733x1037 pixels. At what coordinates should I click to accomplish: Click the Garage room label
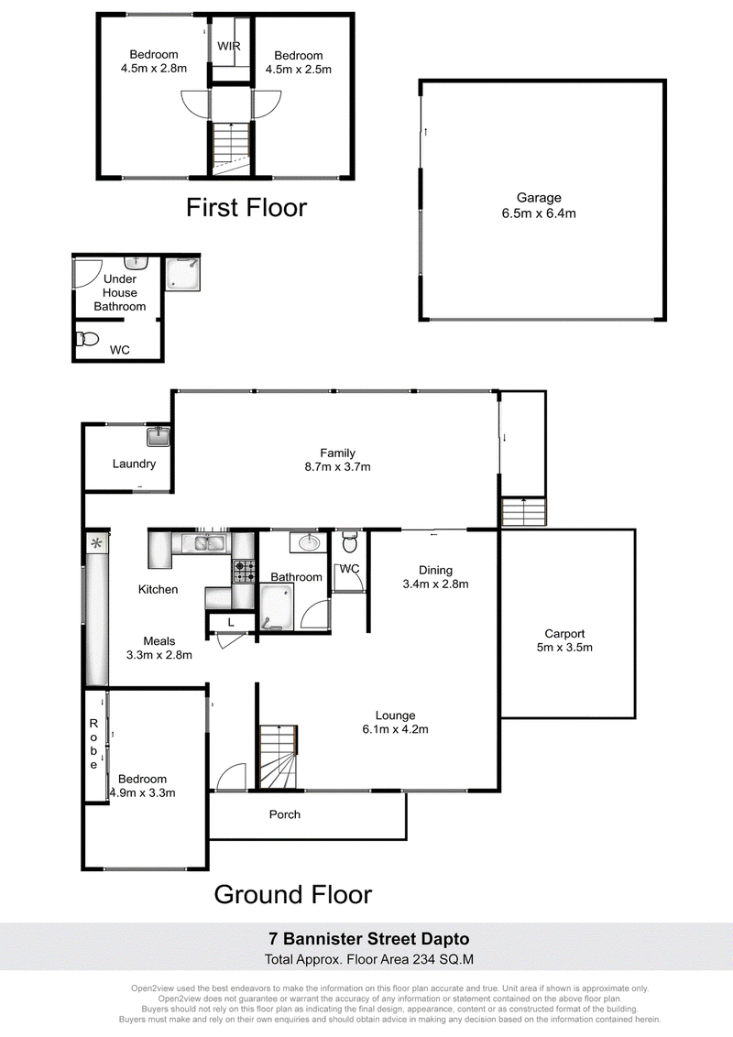539,197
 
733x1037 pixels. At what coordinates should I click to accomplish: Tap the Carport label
564,634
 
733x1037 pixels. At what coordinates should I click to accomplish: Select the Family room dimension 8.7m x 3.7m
337,467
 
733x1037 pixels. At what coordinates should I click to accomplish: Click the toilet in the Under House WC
87,339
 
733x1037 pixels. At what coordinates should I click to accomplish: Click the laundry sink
159,436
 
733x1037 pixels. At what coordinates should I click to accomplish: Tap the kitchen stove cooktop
243,572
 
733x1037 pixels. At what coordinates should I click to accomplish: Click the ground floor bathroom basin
308,543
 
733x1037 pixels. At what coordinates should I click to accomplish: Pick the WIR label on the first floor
229,47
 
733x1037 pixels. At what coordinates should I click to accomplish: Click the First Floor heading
246,208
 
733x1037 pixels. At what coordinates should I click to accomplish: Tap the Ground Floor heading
293,895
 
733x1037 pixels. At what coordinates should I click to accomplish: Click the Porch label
284,814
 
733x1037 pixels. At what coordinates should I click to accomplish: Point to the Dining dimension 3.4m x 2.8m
435,584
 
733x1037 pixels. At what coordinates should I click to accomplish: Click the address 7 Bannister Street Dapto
368,939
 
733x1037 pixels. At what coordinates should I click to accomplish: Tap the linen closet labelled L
230,622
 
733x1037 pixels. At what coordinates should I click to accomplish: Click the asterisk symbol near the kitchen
96,543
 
